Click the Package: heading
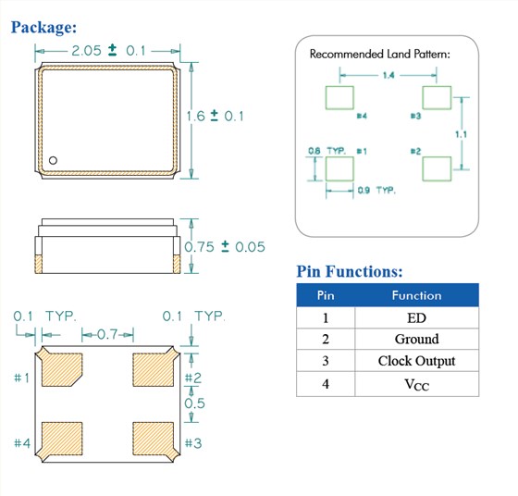[x=43, y=27]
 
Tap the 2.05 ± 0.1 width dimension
[x=108, y=51]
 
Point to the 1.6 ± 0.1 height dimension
[x=215, y=116]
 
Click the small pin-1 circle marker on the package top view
[x=53, y=160]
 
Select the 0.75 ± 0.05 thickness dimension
[x=225, y=246]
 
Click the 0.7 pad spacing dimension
[x=107, y=334]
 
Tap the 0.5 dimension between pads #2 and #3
[x=194, y=403]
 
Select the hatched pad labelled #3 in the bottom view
[x=154, y=439]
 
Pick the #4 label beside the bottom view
[x=22, y=443]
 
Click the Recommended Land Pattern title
[x=380, y=54]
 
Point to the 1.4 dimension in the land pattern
[x=388, y=75]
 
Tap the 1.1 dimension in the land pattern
[x=461, y=134]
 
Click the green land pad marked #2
[x=437, y=168]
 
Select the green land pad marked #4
[x=339, y=97]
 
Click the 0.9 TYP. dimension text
[x=376, y=191]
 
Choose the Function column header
[x=416, y=295]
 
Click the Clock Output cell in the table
[x=416, y=361]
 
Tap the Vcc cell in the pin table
[x=416, y=384]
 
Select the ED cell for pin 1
[x=416, y=318]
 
